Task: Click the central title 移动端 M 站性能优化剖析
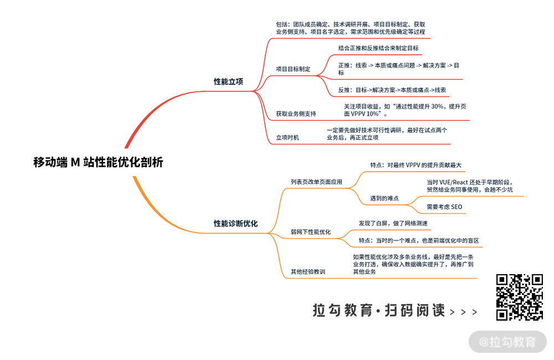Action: point(98,162)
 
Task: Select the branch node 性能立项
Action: point(228,81)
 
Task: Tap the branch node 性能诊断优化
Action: point(235,223)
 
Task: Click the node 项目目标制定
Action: point(293,69)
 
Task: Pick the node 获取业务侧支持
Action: point(296,114)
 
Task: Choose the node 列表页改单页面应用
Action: point(316,181)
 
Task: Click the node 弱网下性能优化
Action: point(310,232)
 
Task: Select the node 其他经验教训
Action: point(307,272)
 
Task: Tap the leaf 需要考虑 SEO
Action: point(444,207)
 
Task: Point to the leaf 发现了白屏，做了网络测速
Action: point(393,223)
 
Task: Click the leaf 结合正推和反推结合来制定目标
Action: point(378,48)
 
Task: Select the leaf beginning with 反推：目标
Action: point(392,90)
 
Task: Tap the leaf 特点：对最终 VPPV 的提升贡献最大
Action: point(416,165)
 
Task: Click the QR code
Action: point(519,297)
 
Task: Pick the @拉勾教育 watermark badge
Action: point(507,342)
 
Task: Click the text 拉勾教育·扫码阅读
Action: point(379,311)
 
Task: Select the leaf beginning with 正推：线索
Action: point(398,69)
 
